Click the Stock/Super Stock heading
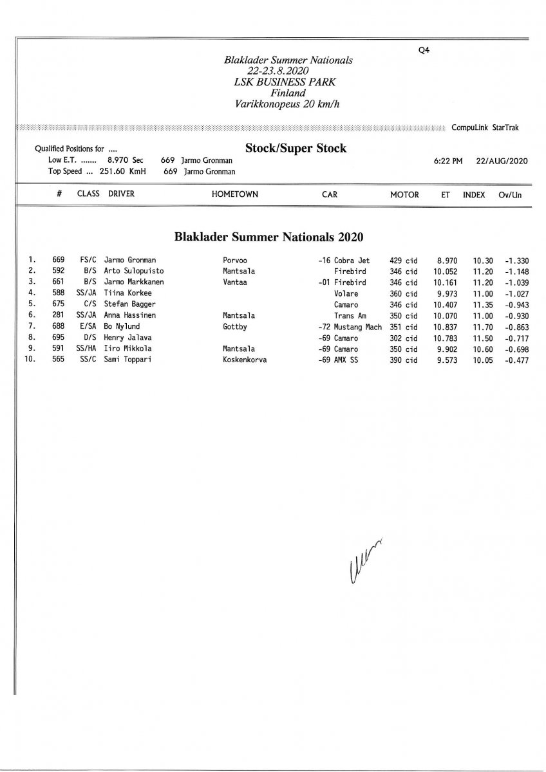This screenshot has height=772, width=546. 296,149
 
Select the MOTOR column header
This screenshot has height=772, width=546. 404,194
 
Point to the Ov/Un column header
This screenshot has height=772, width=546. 509,194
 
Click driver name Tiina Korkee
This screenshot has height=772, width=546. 127,293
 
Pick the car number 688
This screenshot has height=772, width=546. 58,327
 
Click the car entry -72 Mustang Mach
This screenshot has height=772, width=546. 350,327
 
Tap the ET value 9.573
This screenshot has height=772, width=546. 445,360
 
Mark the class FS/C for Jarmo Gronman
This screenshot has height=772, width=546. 88,260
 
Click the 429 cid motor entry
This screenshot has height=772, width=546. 404,260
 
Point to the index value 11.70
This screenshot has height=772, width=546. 483,327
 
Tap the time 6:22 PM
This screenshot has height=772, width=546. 448,161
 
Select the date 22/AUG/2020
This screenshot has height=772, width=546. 502,161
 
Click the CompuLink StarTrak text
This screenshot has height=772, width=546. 485,128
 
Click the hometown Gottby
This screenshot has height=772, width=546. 234,327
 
